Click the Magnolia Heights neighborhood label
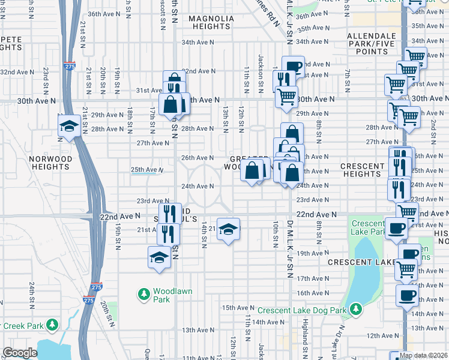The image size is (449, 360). pyautogui.click(x=211, y=23)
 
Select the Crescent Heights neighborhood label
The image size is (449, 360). pyautogui.click(x=362, y=170)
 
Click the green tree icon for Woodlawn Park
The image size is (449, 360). pyautogui.click(x=144, y=294)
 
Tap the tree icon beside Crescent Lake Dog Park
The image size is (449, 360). pyautogui.click(x=356, y=309)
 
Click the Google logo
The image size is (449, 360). pyautogui.click(x=20, y=353)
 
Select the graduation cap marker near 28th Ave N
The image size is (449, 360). pyautogui.click(x=69, y=126)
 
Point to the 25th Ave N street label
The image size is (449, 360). pyautogui.click(x=147, y=170)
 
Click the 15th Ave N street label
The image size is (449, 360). pyautogui.click(x=236, y=307)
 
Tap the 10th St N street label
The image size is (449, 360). pyautogui.click(x=275, y=233)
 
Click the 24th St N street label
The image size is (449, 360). pyautogui.click(x=31, y=292)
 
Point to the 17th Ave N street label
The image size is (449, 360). pyautogui.click(x=312, y=278)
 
